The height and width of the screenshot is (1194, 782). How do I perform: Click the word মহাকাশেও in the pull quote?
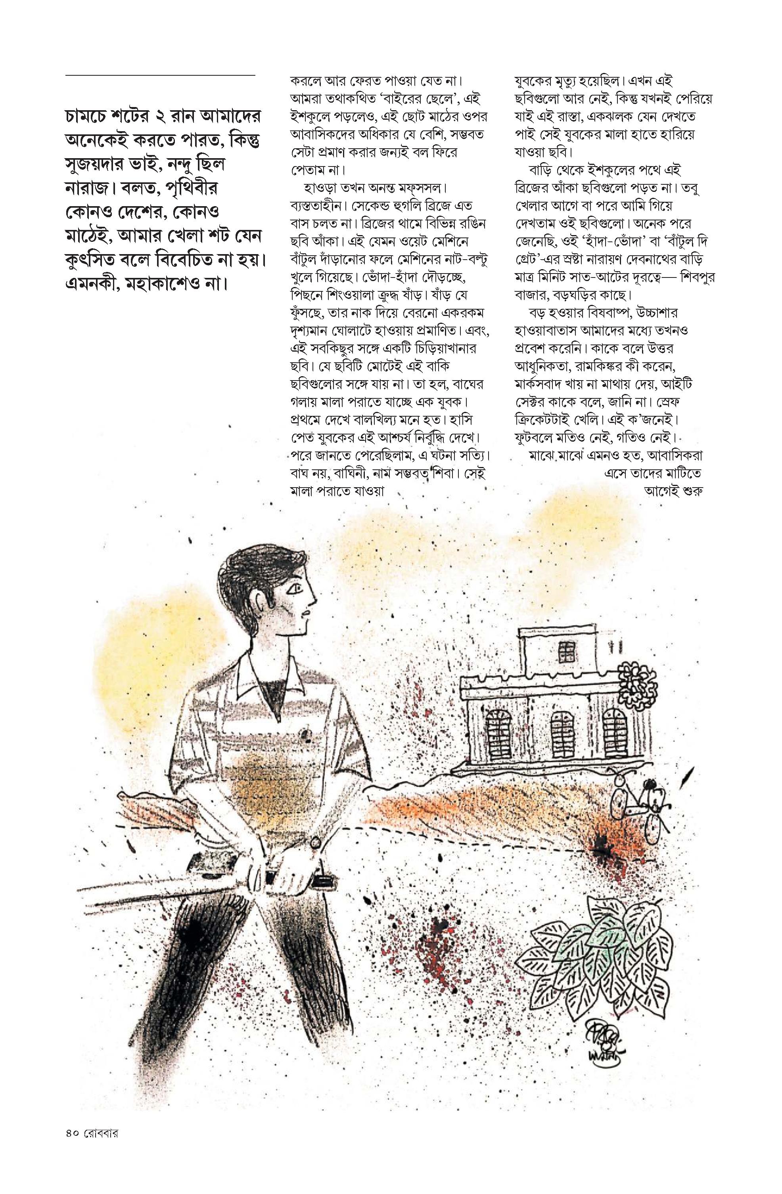[x=172, y=286]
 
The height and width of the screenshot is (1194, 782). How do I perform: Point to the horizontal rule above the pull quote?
[x=160, y=75]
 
